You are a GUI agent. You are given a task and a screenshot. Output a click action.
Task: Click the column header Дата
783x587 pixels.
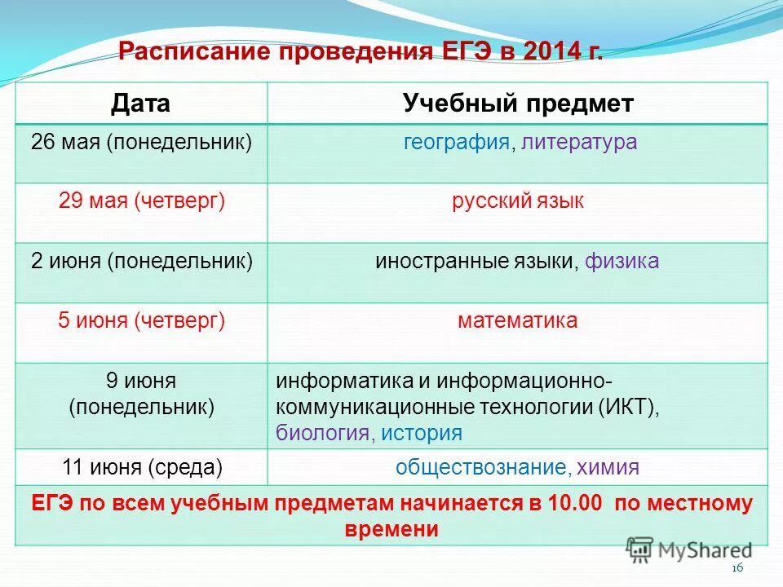[x=141, y=104]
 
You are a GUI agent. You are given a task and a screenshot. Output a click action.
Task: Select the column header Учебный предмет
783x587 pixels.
[x=518, y=104]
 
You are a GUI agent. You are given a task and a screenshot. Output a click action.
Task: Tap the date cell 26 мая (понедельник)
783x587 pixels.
[x=141, y=142]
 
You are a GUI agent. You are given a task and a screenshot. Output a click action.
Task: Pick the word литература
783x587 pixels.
[x=580, y=142]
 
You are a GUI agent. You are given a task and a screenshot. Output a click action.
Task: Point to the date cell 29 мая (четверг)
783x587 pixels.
[x=141, y=201]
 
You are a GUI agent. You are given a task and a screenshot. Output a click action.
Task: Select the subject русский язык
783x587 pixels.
[x=518, y=201]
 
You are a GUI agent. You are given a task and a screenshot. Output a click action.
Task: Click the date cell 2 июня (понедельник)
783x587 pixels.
[x=141, y=262]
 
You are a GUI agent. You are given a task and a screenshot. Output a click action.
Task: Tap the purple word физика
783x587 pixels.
[x=622, y=262]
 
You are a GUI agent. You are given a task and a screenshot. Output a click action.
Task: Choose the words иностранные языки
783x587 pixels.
[x=477, y=262]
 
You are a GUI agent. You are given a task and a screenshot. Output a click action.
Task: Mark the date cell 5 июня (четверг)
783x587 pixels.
[x=141, y=321]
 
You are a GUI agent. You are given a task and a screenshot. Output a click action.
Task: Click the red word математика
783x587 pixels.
[x=518, y=321]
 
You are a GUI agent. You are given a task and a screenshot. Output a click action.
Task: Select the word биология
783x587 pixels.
[x=322, y=433]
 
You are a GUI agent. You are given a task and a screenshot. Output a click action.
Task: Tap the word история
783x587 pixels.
[x=421, y=433]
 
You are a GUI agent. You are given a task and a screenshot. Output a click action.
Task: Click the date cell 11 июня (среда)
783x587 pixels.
[x=141, y=467]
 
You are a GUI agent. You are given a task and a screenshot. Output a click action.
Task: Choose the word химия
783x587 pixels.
[x=608, y=467]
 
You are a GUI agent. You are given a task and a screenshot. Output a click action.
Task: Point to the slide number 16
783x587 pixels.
[x=738, y=568]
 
